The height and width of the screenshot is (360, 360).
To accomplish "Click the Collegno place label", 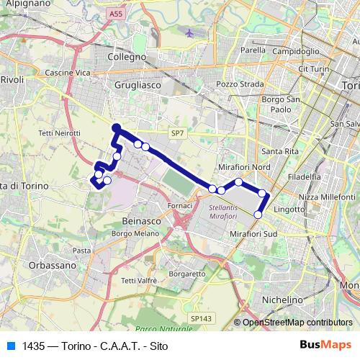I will pos(126,56).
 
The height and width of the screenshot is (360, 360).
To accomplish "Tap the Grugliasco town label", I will pos(132,84).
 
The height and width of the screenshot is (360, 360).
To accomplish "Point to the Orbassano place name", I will pos(52,265).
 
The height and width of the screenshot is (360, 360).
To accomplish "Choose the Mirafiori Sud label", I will pos(253,235).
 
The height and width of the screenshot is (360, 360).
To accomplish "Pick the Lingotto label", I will pos(290,209).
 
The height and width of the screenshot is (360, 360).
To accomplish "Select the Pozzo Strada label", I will pos(236,84).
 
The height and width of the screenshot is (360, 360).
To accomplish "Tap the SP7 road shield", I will pos(178,133).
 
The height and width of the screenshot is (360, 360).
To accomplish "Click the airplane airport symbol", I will pos(190,33).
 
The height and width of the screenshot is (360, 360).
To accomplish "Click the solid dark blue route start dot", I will pos(116,127).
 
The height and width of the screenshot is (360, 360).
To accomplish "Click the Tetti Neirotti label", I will pos(60,133).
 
